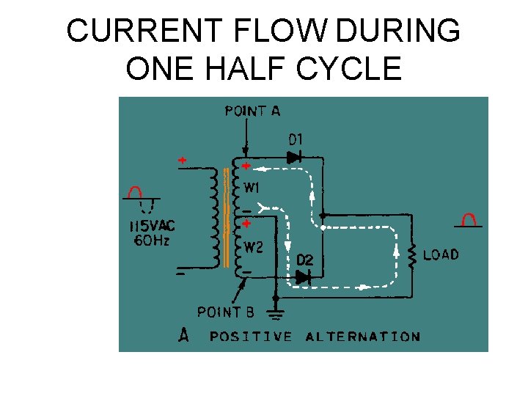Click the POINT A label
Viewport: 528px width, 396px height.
pyautogui.click(x=252, y=111)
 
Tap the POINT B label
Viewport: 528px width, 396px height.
pyautogui.click(x=226, y=312)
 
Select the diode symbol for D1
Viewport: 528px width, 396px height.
pyautogui.click(x=295, y=156)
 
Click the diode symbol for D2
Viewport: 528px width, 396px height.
pyautogui.click(x=303, y=277)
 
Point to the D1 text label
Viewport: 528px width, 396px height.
pyautogui.click(x=296, y=139)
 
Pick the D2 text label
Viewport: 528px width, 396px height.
pyautogui.click(x=305, y=260)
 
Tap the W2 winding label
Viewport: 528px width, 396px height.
pyautogui.click(x=254, y=247)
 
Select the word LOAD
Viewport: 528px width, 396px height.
pyautogui.click(x=441, y=254)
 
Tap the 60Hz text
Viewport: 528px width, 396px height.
pyautogui.click(x=150, y=241)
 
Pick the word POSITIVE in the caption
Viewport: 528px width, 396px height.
pyautogui.click(x=251, y=337)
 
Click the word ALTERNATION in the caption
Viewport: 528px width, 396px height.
pyautogui.click(x=362, y=337)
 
